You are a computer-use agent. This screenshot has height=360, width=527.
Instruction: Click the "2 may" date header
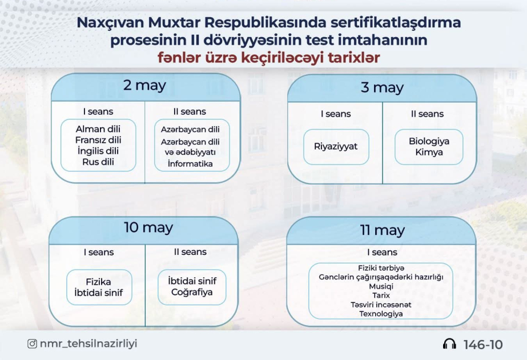144,86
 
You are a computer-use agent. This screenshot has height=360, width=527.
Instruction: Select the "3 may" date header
382,87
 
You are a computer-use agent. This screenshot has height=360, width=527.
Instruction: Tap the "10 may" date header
148,227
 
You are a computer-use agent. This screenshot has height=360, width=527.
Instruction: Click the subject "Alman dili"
98,129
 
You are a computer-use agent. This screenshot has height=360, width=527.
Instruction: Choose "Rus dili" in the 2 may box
98,162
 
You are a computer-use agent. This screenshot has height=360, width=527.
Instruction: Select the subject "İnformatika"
190,164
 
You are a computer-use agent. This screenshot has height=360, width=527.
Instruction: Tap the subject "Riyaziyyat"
336,146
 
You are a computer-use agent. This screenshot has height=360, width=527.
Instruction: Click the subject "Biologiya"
429,141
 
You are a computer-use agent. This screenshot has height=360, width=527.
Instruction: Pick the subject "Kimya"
429,152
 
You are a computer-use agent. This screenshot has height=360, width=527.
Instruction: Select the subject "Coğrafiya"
191,293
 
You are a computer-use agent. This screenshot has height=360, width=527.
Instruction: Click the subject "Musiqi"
381,286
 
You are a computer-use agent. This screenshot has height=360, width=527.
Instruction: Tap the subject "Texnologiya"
381,314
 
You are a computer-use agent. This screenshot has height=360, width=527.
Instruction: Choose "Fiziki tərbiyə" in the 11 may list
381,267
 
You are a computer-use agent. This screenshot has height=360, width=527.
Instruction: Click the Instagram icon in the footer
33,344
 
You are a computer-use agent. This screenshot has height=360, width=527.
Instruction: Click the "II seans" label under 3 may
427,114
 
